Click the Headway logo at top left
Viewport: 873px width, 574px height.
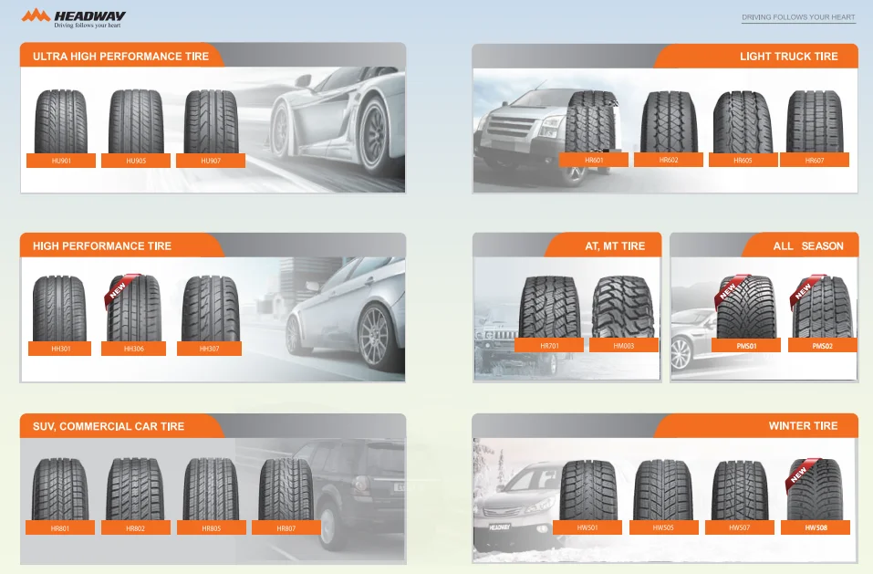(74, 17)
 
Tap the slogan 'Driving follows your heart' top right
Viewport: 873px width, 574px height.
(798, 17)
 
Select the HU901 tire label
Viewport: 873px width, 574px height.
(61, 161)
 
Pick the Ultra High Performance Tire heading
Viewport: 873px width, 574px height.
(120, 57)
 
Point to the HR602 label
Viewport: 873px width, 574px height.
(669, 160)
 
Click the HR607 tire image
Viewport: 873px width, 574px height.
(814, 121)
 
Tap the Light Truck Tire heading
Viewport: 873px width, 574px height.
(788, 57)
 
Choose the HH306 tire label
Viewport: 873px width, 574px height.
(134, 349)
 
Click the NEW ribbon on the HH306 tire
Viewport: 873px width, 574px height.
(117, 289)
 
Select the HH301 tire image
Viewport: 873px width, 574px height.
(59, 308)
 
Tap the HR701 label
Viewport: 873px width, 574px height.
(549, 345)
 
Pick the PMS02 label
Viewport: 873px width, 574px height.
(822, 346)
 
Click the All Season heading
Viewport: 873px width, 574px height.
(807, 246)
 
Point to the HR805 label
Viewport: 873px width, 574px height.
(212, 528)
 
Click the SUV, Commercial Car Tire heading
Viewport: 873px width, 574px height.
(109, 426)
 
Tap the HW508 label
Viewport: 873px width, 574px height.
(815, 527)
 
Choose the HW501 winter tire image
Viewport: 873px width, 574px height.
(588, 489)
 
